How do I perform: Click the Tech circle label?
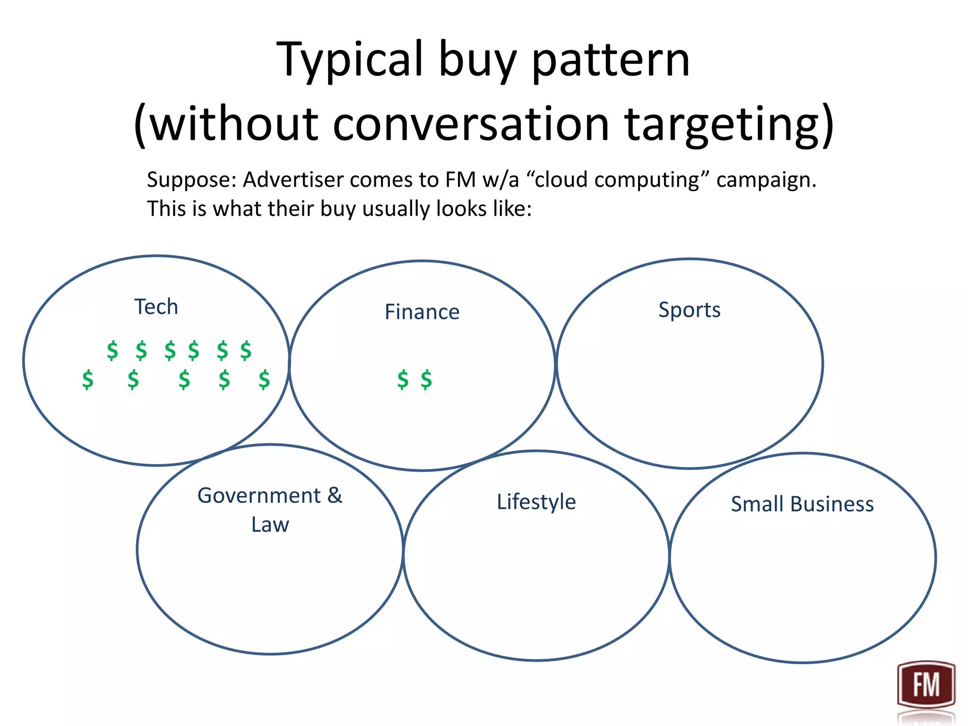coord(156,307)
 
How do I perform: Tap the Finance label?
coord(422,312)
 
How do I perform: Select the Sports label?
coord(689,310)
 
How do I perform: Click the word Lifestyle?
coord(536,502)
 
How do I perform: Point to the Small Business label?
coord(802,504)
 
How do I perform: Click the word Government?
coord(259,496)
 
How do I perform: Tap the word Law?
coord(270,525)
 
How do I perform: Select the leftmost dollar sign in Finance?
coord(403,380)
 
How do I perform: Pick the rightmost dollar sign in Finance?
coord(426,380)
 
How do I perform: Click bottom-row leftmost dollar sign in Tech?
coord(88,380)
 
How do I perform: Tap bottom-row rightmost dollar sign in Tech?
coord(264,380)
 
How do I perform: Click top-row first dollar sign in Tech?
coord(112,351)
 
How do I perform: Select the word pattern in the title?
coord(611,60)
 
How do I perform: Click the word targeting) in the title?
coord(729,124)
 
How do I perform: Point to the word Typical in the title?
coord(350,60)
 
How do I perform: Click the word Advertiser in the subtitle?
coord(293,180)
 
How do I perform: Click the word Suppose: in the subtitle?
coord(191,180)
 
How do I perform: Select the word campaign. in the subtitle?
coord(766,180)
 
